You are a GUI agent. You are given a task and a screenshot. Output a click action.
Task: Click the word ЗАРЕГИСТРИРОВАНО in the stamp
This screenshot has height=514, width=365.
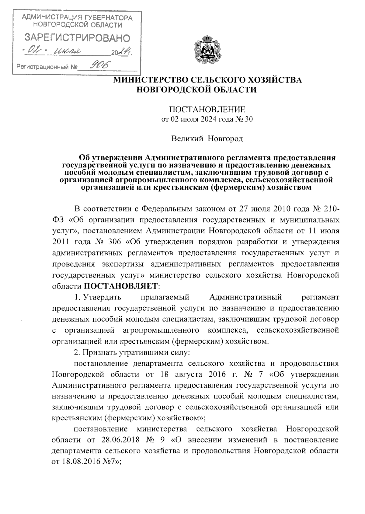[77, 37]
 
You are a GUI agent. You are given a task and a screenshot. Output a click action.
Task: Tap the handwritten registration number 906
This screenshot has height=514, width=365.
[98, 64]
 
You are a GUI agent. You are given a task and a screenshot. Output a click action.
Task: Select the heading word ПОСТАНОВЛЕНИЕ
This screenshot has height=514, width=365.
[207, 109]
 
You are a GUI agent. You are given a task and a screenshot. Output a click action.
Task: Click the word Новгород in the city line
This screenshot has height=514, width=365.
[225, 139]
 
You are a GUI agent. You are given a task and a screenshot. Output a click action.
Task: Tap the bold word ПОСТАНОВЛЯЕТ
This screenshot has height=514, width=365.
[121, 286]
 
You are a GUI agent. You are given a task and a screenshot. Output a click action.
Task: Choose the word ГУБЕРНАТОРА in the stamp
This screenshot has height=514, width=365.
[111, 18]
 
